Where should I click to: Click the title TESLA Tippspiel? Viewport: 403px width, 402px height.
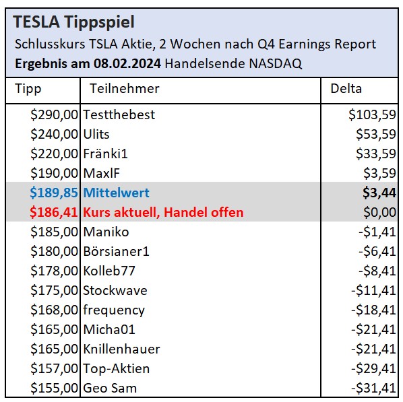[73, 23]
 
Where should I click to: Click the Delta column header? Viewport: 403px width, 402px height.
[346, 89]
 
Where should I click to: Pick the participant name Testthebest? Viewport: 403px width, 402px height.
[119, 114]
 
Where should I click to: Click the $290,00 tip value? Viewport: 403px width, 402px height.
[55, 114]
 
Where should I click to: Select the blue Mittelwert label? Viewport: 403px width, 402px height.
[116, 193]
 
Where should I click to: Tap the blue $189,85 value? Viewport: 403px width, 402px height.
[55, 193]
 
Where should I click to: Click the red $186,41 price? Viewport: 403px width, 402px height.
[55, 213]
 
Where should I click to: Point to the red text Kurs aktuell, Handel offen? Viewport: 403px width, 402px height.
[163, 213]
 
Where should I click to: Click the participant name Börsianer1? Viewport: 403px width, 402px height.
[116, 252]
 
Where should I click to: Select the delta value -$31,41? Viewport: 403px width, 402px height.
[371, 389]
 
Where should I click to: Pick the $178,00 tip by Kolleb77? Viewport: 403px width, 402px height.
[55, 271]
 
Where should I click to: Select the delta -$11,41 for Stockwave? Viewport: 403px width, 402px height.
[371, 291]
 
